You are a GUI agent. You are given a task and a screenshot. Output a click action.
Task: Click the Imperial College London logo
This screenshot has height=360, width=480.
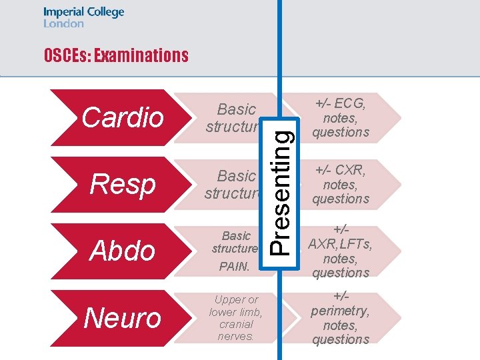[84, 17]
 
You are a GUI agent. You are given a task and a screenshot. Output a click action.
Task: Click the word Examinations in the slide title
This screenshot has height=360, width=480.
[141, 56]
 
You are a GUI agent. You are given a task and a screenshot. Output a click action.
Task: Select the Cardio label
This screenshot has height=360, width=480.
[123, 117]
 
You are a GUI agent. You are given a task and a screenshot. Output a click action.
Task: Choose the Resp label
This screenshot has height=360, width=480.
[123, 185]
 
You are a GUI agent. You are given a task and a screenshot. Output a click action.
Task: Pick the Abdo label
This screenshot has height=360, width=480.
[123, 251]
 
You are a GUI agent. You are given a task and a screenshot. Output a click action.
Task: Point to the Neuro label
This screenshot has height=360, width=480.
[123, 318]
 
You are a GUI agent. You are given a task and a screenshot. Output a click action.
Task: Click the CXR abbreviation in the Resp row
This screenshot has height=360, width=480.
[349, 170]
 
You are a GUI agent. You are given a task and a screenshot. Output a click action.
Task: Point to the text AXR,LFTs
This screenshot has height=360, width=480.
[341, 244]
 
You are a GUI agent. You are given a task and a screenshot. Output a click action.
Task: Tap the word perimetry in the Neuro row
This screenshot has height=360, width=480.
[341, 311]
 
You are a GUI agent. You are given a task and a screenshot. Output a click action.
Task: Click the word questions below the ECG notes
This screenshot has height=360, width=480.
[341, 132]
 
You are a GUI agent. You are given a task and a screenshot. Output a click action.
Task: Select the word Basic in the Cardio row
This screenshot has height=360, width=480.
[237, 109]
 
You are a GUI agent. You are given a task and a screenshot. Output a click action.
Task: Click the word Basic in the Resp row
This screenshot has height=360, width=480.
[237, 176]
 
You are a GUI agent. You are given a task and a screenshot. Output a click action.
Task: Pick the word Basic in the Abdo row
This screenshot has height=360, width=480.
[236, 236]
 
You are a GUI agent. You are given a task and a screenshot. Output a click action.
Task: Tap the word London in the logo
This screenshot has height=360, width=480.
[64, 23]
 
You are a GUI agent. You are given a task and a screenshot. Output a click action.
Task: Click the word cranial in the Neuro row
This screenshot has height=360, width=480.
[236, 324]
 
